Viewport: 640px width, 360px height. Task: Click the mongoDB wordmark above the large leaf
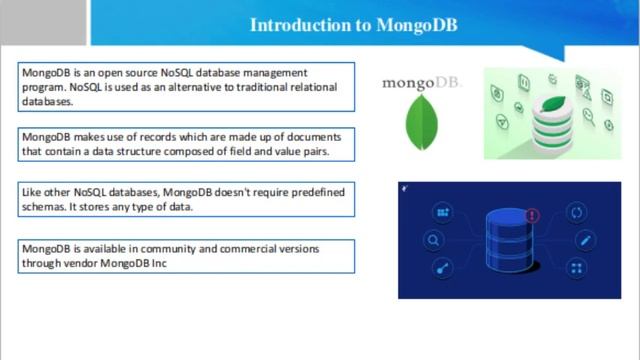click(421, 83)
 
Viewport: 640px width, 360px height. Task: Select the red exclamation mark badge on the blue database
click(532, 215)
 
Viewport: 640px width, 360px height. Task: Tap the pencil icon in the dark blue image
click(577, 240)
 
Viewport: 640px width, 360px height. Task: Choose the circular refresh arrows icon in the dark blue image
click(576, 212)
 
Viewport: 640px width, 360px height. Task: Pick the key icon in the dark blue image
click(440, 268)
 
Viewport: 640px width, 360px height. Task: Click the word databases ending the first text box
click(47, 101)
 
